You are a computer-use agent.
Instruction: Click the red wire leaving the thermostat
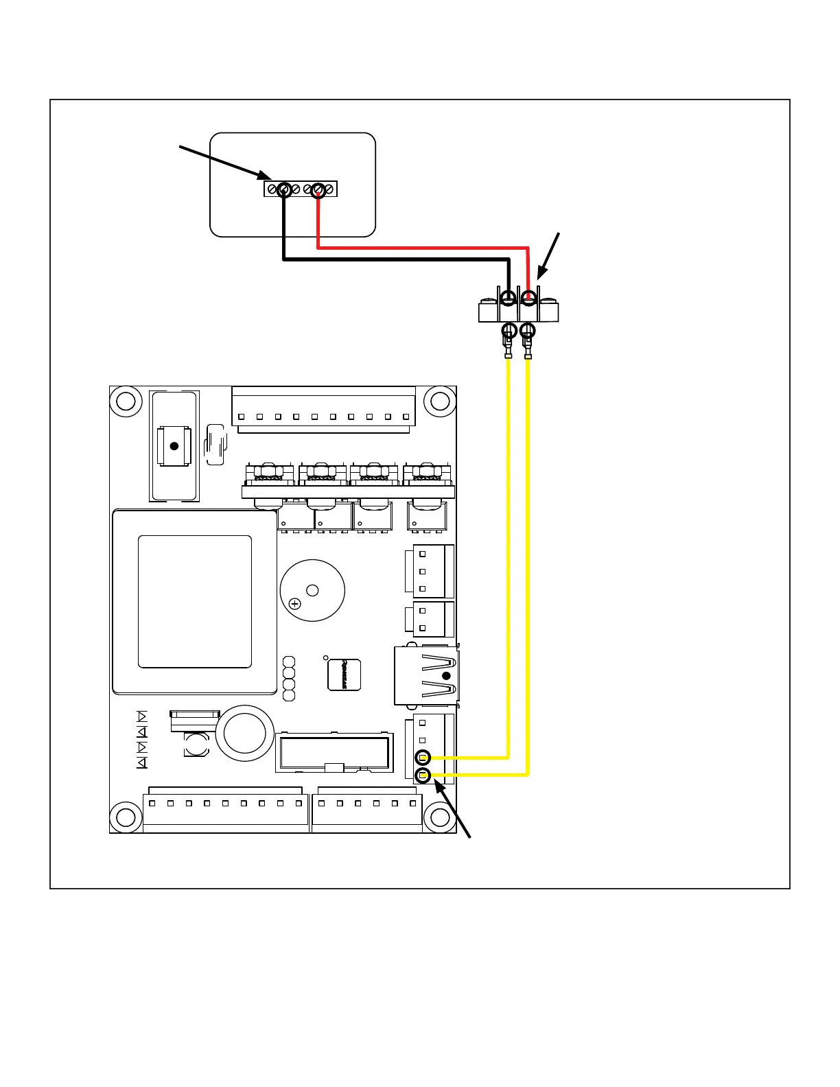(422, 247)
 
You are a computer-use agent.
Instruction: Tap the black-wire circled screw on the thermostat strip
(284, 189)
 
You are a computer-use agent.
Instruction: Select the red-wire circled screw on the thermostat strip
(317, 189)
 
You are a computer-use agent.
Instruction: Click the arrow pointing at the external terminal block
(548, 257)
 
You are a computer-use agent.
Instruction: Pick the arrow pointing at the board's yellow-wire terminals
(454, 810)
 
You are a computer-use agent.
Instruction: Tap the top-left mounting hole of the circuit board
(126, 401)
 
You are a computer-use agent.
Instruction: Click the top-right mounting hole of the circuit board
(439, 401)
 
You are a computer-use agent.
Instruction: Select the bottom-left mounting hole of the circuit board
(126, 817)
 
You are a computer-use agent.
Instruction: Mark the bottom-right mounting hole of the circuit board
(439, 817)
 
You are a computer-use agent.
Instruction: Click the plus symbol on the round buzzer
(294, 604)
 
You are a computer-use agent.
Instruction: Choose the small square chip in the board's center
(344, 675)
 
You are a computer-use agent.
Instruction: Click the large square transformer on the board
(195, 602)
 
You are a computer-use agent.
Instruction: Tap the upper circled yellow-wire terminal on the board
(423, 758)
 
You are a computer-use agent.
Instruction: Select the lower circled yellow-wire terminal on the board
(423, 776)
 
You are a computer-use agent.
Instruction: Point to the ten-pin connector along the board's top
(323, 410)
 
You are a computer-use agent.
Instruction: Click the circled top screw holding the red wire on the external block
(528, 298)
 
